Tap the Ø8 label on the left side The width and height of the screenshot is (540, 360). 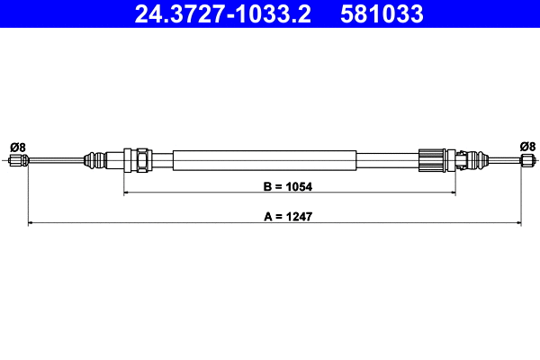click(x=17, y=146)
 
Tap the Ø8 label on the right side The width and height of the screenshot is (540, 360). click(x=527, y=146)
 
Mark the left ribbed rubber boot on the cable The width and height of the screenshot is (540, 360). click(x=94, y=161)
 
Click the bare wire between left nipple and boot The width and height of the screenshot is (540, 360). click(x=54, y=161)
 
